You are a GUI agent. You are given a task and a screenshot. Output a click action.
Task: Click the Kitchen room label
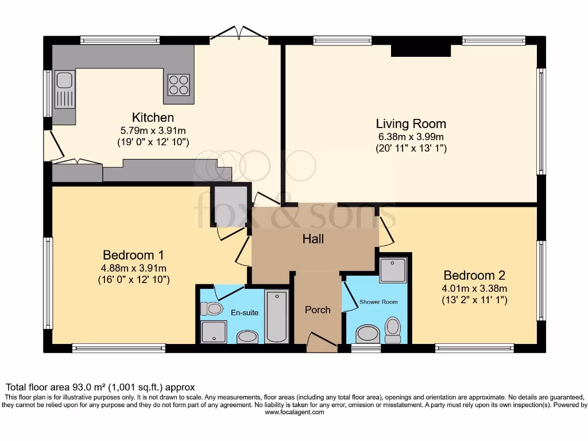(153, 117)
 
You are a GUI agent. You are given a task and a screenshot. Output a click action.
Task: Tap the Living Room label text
(411, 123)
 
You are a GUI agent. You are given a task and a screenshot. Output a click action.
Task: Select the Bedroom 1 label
(133, 255)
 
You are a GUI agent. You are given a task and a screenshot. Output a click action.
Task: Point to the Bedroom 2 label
(474, 275)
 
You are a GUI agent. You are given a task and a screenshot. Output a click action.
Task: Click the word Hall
(313, 239)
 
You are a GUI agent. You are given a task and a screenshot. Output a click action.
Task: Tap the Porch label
(318, 310)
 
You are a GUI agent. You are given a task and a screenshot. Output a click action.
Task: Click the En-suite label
(245, 312)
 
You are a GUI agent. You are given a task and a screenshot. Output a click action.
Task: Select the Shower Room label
(378, 302)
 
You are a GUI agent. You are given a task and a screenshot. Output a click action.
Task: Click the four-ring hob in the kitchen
(179, 85)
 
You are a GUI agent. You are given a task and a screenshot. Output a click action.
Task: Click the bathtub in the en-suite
(277, 316)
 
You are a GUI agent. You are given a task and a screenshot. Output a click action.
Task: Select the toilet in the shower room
(393, 330)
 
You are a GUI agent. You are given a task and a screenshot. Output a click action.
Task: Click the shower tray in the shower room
(393, 270)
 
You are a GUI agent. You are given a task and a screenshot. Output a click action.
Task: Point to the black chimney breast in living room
(421, 51)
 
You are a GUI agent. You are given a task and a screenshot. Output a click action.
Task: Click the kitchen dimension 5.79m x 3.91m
(153, 131)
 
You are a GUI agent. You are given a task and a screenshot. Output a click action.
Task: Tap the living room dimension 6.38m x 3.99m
(411, 137)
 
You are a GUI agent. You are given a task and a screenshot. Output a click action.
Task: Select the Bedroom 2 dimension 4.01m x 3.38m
(474, 289)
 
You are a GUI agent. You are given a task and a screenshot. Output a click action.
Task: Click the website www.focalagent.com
(295, 412)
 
